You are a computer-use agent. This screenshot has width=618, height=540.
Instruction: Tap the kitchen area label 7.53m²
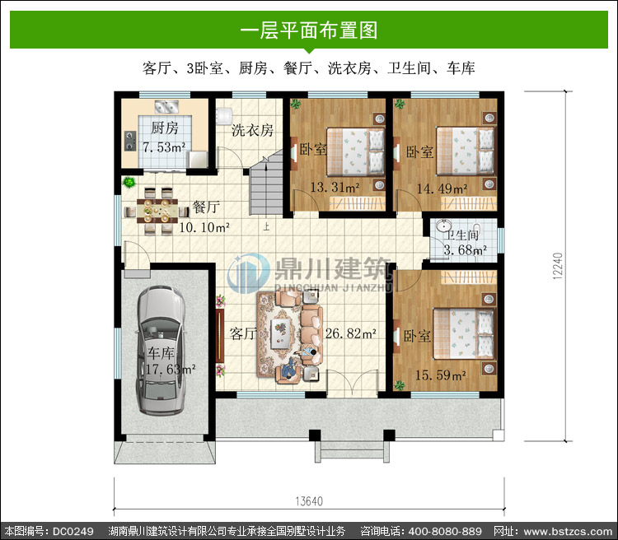point(164,147)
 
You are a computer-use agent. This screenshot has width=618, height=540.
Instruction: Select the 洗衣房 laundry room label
point(252,130)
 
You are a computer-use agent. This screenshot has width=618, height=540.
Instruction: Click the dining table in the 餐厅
point(157,211)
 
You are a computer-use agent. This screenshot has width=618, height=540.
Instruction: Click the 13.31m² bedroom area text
point(335,187)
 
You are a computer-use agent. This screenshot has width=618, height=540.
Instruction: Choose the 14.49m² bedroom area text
point(442,189)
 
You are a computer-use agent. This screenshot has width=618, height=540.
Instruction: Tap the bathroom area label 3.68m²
point(465,249)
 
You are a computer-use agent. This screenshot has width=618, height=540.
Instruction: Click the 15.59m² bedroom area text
point(441,375)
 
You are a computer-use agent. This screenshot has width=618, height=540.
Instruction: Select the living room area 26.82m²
point(350,333)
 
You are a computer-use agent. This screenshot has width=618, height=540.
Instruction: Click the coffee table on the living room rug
point(281,333)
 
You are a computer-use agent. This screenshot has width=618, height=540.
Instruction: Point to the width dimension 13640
point(309,501)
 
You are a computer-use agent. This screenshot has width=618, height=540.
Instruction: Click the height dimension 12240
point(558,266)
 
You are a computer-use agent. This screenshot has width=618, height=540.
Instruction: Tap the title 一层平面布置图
point(309,30)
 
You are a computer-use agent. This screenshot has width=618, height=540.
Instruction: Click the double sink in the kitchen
point(166,106)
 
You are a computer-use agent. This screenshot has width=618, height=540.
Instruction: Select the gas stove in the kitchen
point(130,141)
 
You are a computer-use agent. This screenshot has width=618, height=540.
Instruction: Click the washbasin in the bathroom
point(444,226)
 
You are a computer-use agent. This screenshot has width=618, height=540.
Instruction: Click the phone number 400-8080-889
point(445,531)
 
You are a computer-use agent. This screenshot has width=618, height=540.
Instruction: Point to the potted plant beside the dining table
point(129,183)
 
